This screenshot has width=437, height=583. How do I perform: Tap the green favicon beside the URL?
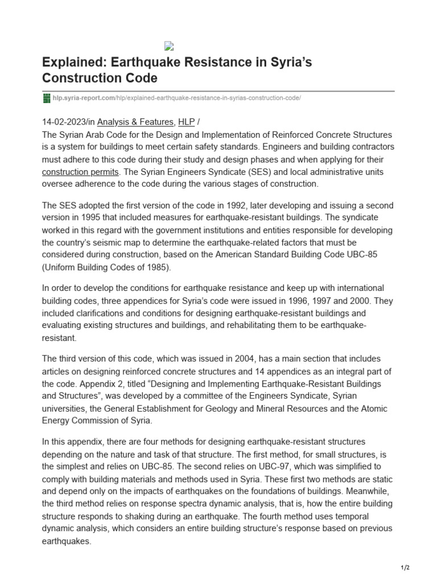(x=47, y=98)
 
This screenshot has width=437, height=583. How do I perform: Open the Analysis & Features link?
(x=135, y=122)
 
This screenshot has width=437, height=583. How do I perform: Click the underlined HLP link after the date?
(x=187, y=122)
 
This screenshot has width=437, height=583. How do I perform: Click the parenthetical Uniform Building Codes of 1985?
(x=111, y=268)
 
